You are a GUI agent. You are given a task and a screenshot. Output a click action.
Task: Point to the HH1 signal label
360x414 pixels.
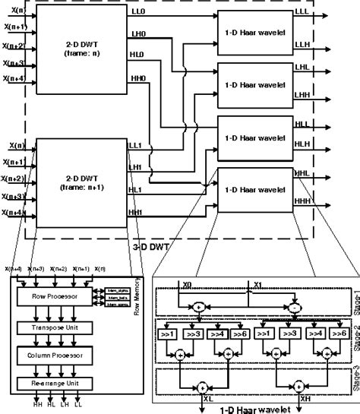click(x=136, y=212)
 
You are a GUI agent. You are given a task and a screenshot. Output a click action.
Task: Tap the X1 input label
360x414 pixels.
click(x=258, y=286)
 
